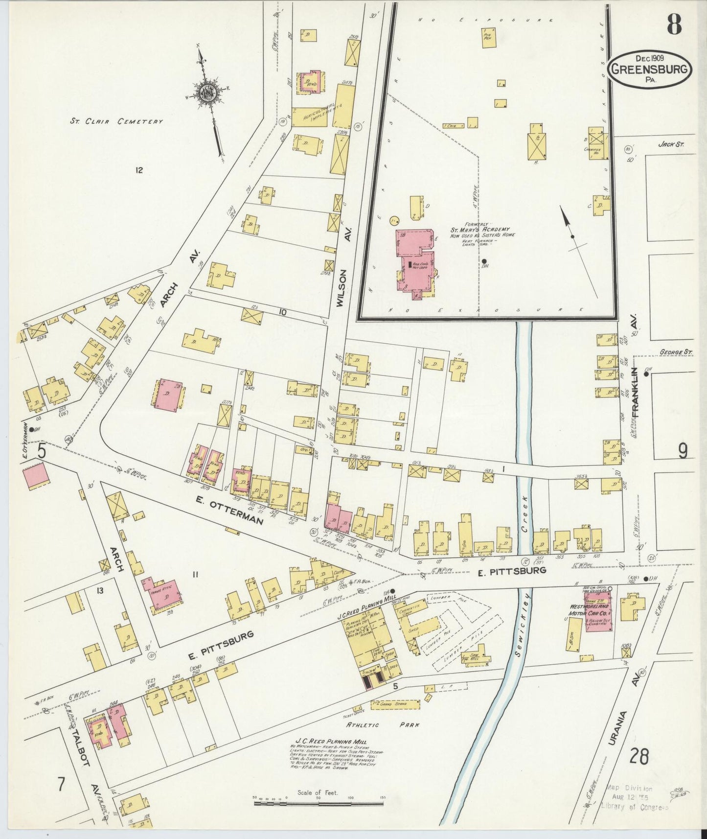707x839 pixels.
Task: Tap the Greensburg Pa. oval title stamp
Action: [650, 69]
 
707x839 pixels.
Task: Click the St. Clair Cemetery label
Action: [115, 121]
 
